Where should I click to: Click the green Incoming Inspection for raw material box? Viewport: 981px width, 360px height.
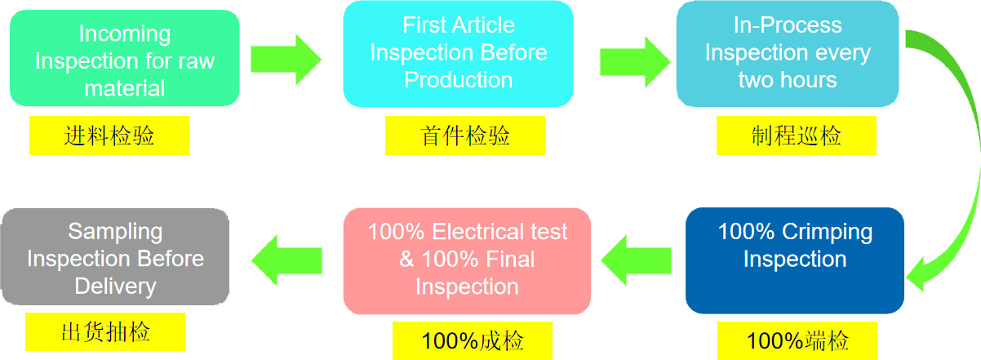point(124,59)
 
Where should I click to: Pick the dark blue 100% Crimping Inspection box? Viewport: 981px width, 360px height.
point(795,260)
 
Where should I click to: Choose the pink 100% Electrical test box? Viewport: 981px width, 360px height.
point(467,260)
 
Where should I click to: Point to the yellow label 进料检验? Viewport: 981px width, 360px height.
point(109,136)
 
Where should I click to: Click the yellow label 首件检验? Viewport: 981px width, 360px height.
point(464,136)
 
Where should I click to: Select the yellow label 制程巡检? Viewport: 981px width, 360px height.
point(796,136)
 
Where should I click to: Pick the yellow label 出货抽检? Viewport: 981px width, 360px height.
point(105,332)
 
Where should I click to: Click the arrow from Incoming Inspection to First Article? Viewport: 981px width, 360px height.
point(286,59)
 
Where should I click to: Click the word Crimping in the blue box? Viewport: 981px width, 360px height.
point(830,232)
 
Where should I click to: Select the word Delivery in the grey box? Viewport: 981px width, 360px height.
point(115,287)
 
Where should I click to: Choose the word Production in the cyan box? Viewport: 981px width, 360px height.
point(459,80)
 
